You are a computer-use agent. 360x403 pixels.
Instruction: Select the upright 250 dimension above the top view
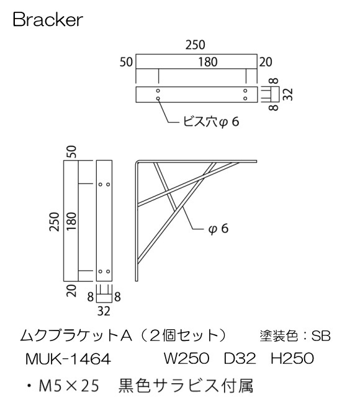[196, 45]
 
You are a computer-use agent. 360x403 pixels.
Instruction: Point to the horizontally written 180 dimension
[196, 62]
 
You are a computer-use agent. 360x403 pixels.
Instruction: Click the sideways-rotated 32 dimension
[287, 94]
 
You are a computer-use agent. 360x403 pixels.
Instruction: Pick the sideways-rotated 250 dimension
[55, 221]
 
